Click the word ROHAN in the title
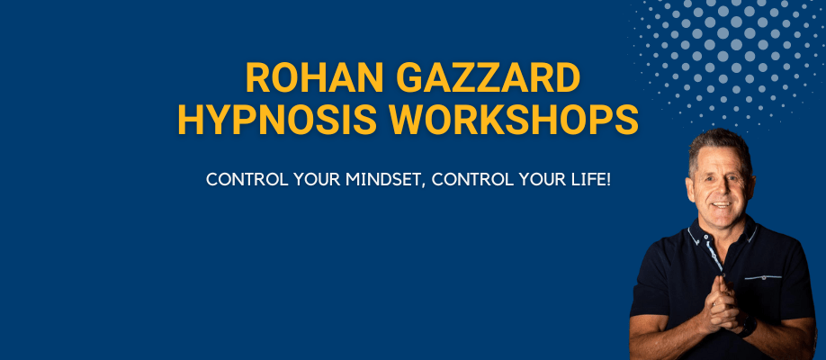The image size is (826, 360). [315, 77]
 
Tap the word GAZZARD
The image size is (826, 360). [488, 77]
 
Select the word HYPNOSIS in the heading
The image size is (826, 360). [277, 120]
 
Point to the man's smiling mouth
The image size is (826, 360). [721, 204]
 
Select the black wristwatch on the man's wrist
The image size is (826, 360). [748, 327]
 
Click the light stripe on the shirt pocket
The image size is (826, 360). [763, 277]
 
